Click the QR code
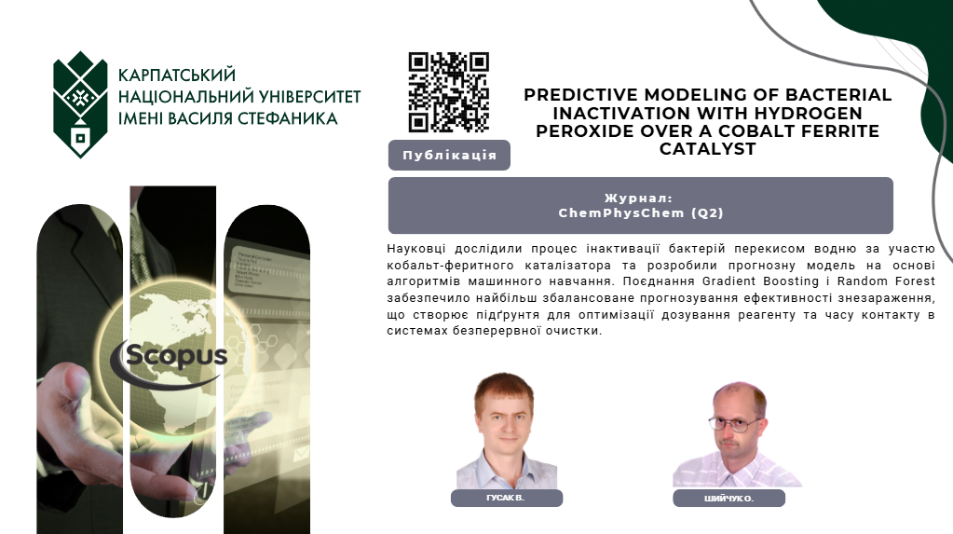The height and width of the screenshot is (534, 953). pyautogui.click(x=448, y=92)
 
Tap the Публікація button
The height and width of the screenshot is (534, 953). pyautogui.click(x=449, y=155)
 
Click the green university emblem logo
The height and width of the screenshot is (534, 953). pyautogui.click(x=80, y=104)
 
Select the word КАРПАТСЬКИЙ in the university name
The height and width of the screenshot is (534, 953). pyautogui.click(x=176, y=75)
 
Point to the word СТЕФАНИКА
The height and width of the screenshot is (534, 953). pyautogui.click(x=288, y=118)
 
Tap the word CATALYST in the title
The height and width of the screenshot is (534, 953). pyautogui.click(x=707, y=149)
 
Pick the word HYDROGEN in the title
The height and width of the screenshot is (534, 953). pyautogui.click(x=809, y=113)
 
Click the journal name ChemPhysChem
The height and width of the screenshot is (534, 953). pyautogui.click(x=620, y=212)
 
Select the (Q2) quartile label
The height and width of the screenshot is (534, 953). pyautogui.click(x=707, y=212)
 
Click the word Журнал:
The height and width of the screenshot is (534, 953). pyautogui.click(x=638, y=198)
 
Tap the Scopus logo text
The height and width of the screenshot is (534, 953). pyautogui.click(x=176, y=356)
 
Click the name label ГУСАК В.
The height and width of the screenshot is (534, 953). pyautogui.click(x=506, y=498)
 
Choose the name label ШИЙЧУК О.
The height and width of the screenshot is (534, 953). pyautogui.click(x=728, y=498)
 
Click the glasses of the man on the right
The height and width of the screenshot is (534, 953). pyautogui.click(x=733, y=423)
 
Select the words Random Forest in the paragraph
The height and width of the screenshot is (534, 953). pyautogui.click(x=886, y=281)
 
